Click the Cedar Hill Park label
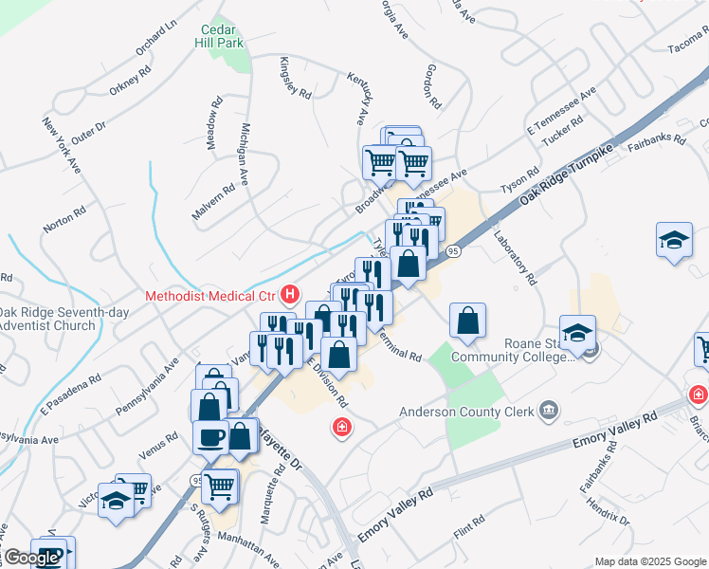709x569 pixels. (x=219, y=36)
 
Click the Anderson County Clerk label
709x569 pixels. (x=466, y=411)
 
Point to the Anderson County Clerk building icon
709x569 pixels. (x=548, y=411)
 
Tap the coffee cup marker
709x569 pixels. (x=209, y=437)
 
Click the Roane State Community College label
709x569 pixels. (x=512, y=350)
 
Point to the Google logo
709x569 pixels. (x=30, y=558)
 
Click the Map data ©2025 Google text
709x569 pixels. (x=650, y=561)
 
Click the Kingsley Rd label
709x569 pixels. (x=295, y=79)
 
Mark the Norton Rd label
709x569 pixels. (x=64, y=221)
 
